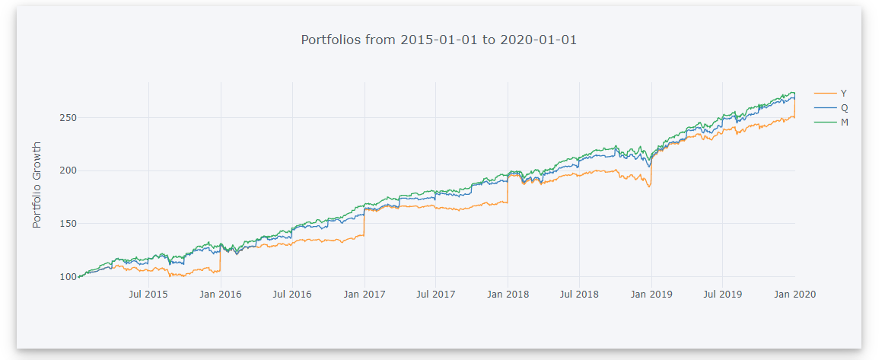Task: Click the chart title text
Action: (x=439, y=40)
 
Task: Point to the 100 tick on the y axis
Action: (x=67, y=277)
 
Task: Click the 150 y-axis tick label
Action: (x=67, y=224)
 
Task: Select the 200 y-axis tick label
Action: (x=67, y=170)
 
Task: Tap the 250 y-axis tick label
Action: (x=67, y=118)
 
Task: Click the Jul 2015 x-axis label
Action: (x=148, y=294)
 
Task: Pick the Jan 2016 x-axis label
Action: (x=221, y=294)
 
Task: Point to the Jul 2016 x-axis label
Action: (x=292, y=294)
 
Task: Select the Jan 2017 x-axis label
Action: (x=365, y=294)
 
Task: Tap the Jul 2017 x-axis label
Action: (x=436, y=294)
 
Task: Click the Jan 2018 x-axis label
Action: (x=508, y=294)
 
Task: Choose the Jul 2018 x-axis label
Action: (x=580, y=294)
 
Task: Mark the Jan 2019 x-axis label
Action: (x=651, y=294)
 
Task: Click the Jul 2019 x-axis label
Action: (x=723, y=294)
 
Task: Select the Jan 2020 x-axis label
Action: (x=795, y=294)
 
